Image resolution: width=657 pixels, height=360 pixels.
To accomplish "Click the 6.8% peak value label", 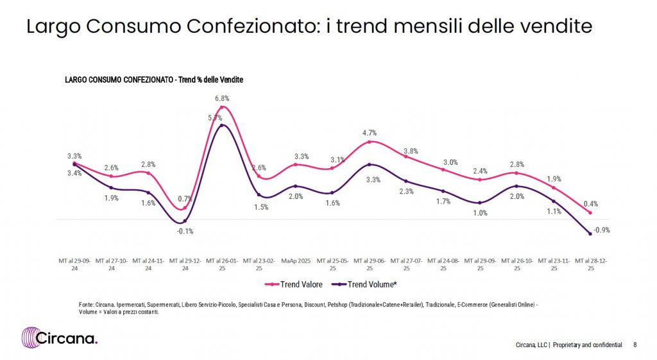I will click(x=222, y=98).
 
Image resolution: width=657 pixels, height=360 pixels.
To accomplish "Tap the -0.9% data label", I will click(x=601, y=230).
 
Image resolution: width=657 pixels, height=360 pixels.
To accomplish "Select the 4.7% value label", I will click(x=370, y=132).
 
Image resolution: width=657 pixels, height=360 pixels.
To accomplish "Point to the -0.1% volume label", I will click(x=185, y=231).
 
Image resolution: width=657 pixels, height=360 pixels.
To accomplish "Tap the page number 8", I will click(x=635, y=345).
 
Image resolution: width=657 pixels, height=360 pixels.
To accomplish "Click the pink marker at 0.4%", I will click(x=590, y=212).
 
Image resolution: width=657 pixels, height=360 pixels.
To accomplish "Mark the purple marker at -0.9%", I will click(x=590, y=234).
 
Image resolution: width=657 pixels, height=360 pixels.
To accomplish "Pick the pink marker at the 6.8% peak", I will click(x=222, y=107).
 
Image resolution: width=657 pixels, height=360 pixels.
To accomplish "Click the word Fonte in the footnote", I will click(x=78, y=304).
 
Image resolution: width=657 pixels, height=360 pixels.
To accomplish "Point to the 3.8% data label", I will click(x=411, y=151).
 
